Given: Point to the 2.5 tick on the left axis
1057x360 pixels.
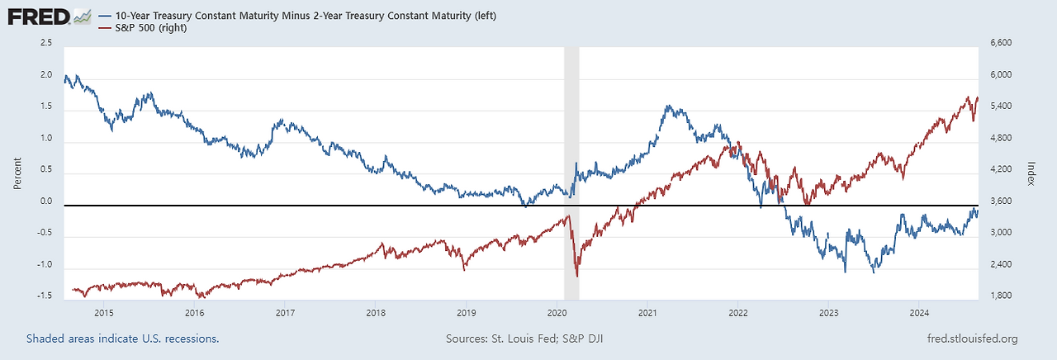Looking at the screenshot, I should (45, 43).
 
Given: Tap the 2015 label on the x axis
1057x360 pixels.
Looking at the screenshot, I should (104, 313).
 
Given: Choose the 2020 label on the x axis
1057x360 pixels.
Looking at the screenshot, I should (557, 313).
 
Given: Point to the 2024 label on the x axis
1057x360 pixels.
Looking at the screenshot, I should (919, 313).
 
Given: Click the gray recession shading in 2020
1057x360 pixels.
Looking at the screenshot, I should (571, 124).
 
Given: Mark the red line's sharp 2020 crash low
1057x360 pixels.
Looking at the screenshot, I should (576, 276).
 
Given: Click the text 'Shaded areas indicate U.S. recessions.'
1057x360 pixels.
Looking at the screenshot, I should (122, 339).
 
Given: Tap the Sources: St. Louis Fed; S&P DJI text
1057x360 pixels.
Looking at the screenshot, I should (528, 339).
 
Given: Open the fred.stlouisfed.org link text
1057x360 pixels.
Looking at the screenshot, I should (973, 339).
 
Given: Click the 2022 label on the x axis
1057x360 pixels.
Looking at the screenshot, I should (738, 313).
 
